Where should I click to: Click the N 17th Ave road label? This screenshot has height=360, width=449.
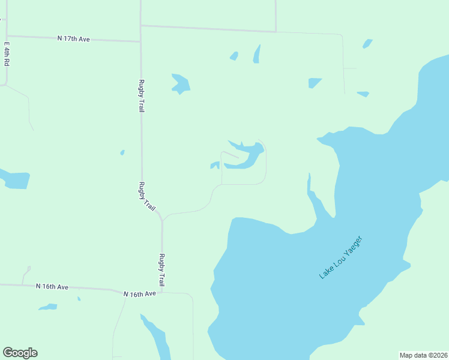74,39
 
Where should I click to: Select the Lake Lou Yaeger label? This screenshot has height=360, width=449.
342,257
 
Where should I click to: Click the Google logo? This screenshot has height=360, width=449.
20,353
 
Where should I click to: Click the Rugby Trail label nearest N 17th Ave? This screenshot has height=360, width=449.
141,96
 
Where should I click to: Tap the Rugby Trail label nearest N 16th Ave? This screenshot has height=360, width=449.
161,270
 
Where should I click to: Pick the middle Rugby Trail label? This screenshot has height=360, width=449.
148,196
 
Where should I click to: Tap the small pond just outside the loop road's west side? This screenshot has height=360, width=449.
214,165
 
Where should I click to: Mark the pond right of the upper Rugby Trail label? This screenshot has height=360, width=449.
181,84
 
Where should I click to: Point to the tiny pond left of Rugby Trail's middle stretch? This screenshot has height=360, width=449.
122,152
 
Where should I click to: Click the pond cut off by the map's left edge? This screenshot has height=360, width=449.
14,179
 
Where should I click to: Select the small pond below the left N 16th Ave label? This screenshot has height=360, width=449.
48,307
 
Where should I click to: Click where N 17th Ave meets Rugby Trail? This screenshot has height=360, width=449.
140,41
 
